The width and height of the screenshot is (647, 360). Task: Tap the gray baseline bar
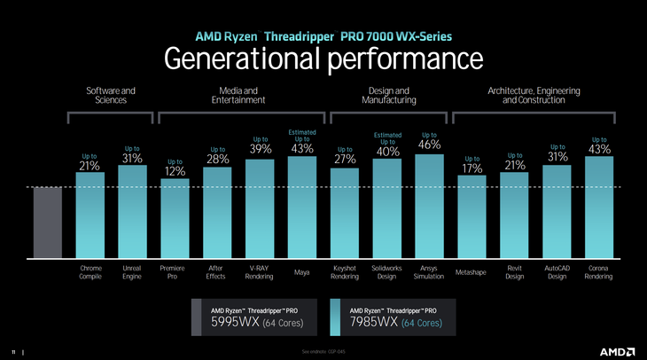click(47, 222)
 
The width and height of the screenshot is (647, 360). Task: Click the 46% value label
click(430, 145)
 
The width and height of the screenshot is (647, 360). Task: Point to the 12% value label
click(175, 171)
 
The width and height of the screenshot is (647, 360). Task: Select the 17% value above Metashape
click(472, 168)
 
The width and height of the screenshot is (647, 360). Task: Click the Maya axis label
click(301, 272)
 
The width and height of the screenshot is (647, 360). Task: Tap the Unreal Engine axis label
click(132, 271)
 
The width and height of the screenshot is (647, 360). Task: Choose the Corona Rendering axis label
click(598, 271)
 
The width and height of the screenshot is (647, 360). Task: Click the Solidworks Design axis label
click(386, 271)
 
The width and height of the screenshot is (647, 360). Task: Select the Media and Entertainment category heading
click(238, 95)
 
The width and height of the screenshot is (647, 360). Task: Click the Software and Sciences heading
click(111, 95)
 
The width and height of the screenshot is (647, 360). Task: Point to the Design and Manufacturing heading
click(388, 95)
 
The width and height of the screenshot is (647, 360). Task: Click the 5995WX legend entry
click(257, 317)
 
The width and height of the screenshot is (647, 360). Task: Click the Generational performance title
click(323, 59)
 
